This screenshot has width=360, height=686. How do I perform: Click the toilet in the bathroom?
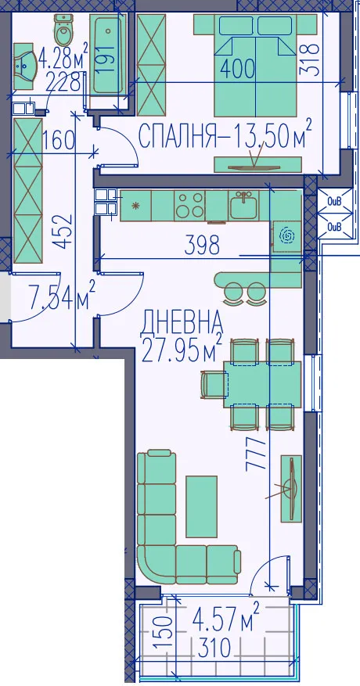[63, 31]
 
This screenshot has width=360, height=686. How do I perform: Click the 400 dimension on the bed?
[237, 69]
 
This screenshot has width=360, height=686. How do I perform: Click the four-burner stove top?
[189, 206]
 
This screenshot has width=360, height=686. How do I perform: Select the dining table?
[263, 384]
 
